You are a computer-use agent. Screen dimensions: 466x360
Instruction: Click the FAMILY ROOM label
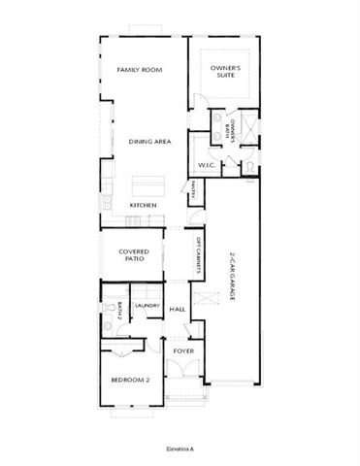pos(139,70)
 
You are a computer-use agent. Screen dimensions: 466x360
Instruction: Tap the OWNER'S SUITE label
pos(226,70)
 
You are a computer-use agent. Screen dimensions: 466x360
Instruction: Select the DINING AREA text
pos(149,142)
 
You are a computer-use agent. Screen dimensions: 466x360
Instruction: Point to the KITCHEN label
pos(144,206)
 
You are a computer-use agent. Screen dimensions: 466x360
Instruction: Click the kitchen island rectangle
pos(149,182)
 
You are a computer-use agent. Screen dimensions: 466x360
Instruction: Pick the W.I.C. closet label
pos(207,165)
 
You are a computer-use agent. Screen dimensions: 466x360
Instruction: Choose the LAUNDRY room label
pos(147,306)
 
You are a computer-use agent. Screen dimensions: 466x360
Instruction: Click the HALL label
pos(178,310)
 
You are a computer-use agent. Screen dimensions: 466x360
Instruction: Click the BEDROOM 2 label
pos(128,381)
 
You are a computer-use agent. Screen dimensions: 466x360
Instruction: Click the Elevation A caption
pos(180,449)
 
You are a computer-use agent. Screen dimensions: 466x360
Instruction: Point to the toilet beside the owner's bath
pos(249,166)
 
